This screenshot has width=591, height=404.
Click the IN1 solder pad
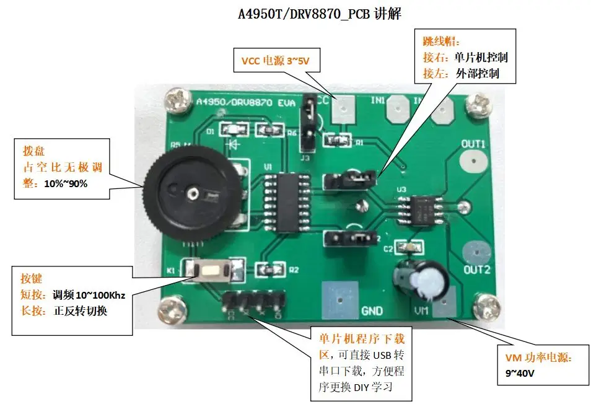point(395,112)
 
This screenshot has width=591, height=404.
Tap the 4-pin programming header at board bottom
point(253,301)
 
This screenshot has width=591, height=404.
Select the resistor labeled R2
point(271,270)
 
